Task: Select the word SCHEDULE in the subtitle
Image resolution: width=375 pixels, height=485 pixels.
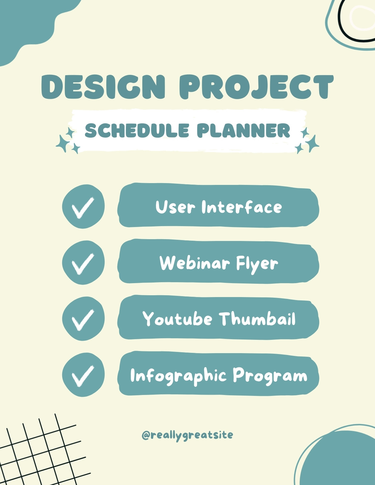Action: (x=137, y=130)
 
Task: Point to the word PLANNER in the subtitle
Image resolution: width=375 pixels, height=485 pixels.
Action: (x=243, y=130)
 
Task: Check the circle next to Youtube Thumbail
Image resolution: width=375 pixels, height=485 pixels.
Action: (x=83, y=319)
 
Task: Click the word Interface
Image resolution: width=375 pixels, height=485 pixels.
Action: (x=242, y=207)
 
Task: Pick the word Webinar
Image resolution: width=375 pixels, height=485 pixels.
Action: (x=194, y=263)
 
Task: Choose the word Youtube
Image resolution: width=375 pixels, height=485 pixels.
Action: (x=177, y=319)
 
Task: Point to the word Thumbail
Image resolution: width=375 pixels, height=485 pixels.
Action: (x=257, y=318)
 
